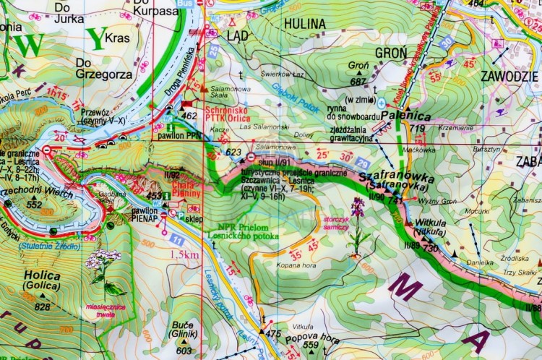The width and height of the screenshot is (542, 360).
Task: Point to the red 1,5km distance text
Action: [184, 254]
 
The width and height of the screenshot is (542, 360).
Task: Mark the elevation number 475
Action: [273, 333]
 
